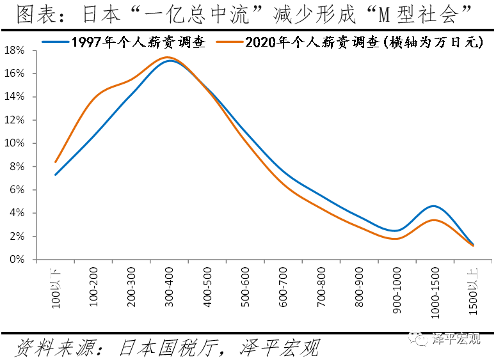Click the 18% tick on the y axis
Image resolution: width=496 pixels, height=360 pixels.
[15, 50]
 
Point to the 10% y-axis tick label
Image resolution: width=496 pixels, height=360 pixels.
[15, 143]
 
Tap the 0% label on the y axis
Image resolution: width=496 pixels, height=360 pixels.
[18, 260]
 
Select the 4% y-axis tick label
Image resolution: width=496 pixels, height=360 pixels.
[18, 213]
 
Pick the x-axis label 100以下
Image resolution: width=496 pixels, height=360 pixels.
[56, 288]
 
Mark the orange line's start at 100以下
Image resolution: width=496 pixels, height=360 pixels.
[56, 162]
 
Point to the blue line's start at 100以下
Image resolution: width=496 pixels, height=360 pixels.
[56, 175]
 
